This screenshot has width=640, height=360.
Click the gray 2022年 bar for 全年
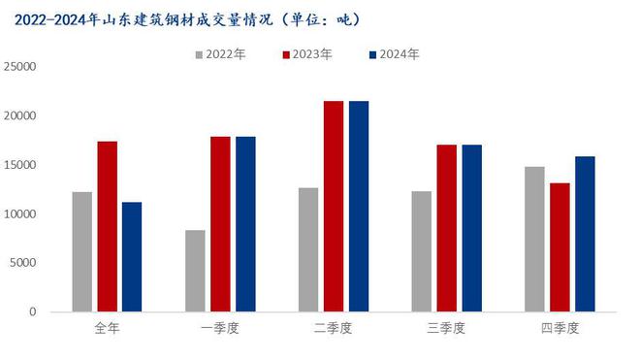82,251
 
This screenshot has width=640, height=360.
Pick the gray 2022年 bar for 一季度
195,271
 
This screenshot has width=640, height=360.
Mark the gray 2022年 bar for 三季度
421,251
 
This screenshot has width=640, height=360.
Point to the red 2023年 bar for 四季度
560,246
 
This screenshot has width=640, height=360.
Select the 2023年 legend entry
306,54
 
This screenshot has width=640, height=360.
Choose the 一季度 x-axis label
220,329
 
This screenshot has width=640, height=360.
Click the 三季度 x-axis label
446,329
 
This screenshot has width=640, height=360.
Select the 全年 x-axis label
107,329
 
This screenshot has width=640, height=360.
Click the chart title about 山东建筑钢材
184,18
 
